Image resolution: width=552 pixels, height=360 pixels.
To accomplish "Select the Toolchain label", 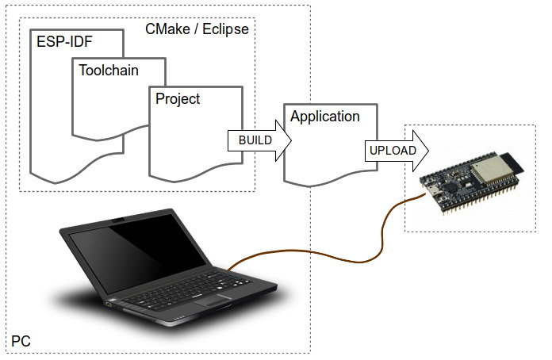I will coord(109,70).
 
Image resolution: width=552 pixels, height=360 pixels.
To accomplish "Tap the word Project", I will coord(178,99).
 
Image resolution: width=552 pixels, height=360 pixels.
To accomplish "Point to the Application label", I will coord(325,117).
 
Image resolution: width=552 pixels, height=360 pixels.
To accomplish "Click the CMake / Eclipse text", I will coord(197,30).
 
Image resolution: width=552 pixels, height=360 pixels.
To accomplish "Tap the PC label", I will coord(21,342).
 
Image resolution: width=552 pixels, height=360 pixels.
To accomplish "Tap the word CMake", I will coord(167,30).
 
